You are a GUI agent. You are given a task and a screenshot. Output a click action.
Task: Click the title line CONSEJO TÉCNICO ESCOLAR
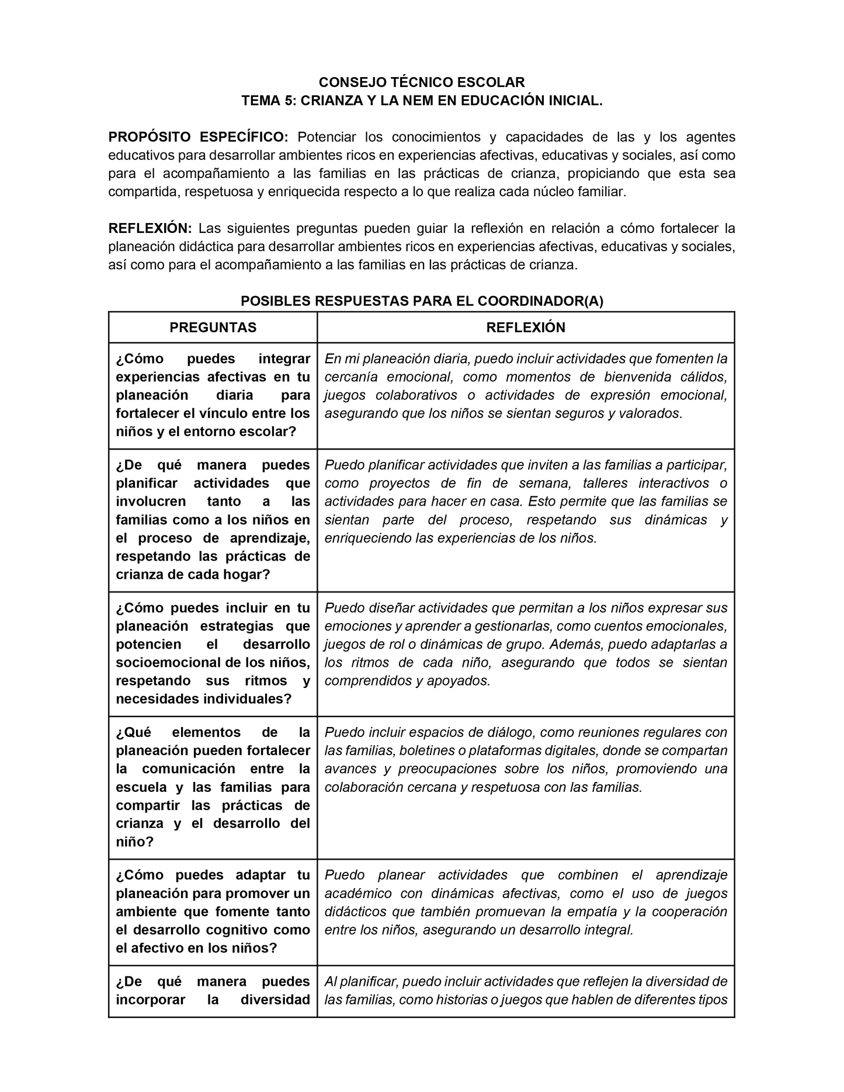421,82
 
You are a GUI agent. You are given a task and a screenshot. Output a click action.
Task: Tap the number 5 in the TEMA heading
289,100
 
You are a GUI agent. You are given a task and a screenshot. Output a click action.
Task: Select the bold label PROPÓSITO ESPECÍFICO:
198,137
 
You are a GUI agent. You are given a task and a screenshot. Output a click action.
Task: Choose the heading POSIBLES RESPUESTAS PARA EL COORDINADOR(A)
422,301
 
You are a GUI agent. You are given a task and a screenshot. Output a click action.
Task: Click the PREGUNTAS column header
213,328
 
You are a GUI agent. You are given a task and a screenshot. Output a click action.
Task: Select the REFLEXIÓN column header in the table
526,328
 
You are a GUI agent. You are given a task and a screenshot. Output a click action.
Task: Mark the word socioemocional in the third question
176,663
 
